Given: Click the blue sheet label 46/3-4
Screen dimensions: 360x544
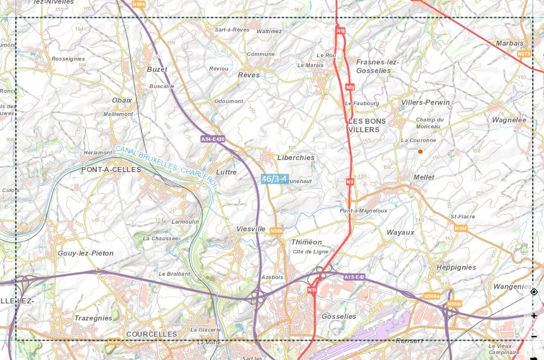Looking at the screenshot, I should (x=274, y=179).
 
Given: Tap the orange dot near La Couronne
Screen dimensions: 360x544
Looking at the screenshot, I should (x=420, y=151).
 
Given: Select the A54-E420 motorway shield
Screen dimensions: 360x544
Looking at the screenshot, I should (x=213, y=139).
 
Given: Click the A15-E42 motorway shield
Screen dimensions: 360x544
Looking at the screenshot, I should (x=355, y=277).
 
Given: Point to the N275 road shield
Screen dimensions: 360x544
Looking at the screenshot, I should (x=524, y=54).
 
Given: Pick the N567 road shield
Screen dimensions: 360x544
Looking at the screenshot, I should (x=461, y=228).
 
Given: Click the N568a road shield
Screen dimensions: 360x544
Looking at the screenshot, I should (x=432, y=296).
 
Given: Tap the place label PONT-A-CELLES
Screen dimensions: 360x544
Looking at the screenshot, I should (x=111, y=170).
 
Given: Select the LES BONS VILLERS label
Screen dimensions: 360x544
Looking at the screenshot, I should (x=367, y=125).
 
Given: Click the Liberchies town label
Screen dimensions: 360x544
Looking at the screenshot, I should (x=296, y=158).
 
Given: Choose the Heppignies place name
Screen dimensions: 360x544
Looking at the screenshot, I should (x=456, y=267).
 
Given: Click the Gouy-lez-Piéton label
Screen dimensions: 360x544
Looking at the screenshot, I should (x=85, y=253).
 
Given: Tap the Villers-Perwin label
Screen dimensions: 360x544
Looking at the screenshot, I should (x=425, y=102).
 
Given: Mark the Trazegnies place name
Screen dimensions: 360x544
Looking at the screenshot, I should (x=93, y=318).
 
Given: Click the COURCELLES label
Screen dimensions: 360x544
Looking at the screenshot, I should (x=151, y=334).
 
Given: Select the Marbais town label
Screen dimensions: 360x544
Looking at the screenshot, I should (x=510, y=43).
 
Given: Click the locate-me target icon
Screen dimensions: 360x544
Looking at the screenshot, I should (x=534, y=292).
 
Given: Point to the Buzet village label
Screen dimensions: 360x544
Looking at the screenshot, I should (x=157, y=69).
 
